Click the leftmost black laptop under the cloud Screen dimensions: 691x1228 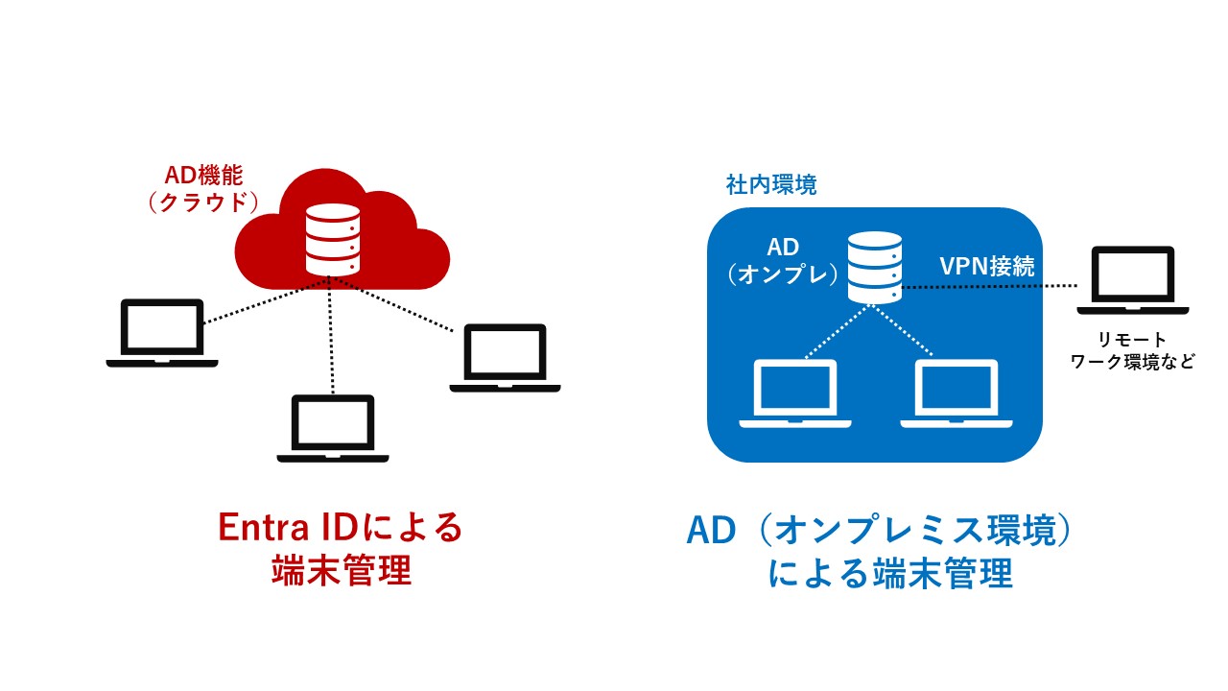coord(162,332)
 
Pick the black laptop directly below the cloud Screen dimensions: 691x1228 coord(333,428)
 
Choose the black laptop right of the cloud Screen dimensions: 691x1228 coord(505,357)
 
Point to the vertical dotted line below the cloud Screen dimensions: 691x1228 coord(332,336)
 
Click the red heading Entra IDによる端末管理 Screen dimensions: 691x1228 coord(341,549)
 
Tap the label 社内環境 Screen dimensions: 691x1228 coord(771,185)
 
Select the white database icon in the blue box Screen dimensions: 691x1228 coord(874,266)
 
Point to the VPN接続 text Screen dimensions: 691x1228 coord(986,267)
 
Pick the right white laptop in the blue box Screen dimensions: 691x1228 coord(956,393)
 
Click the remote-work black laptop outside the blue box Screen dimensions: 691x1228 coord(1133,279)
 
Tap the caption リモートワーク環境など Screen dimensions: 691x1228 coord(1133,351)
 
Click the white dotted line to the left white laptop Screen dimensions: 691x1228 coord(838,333)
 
